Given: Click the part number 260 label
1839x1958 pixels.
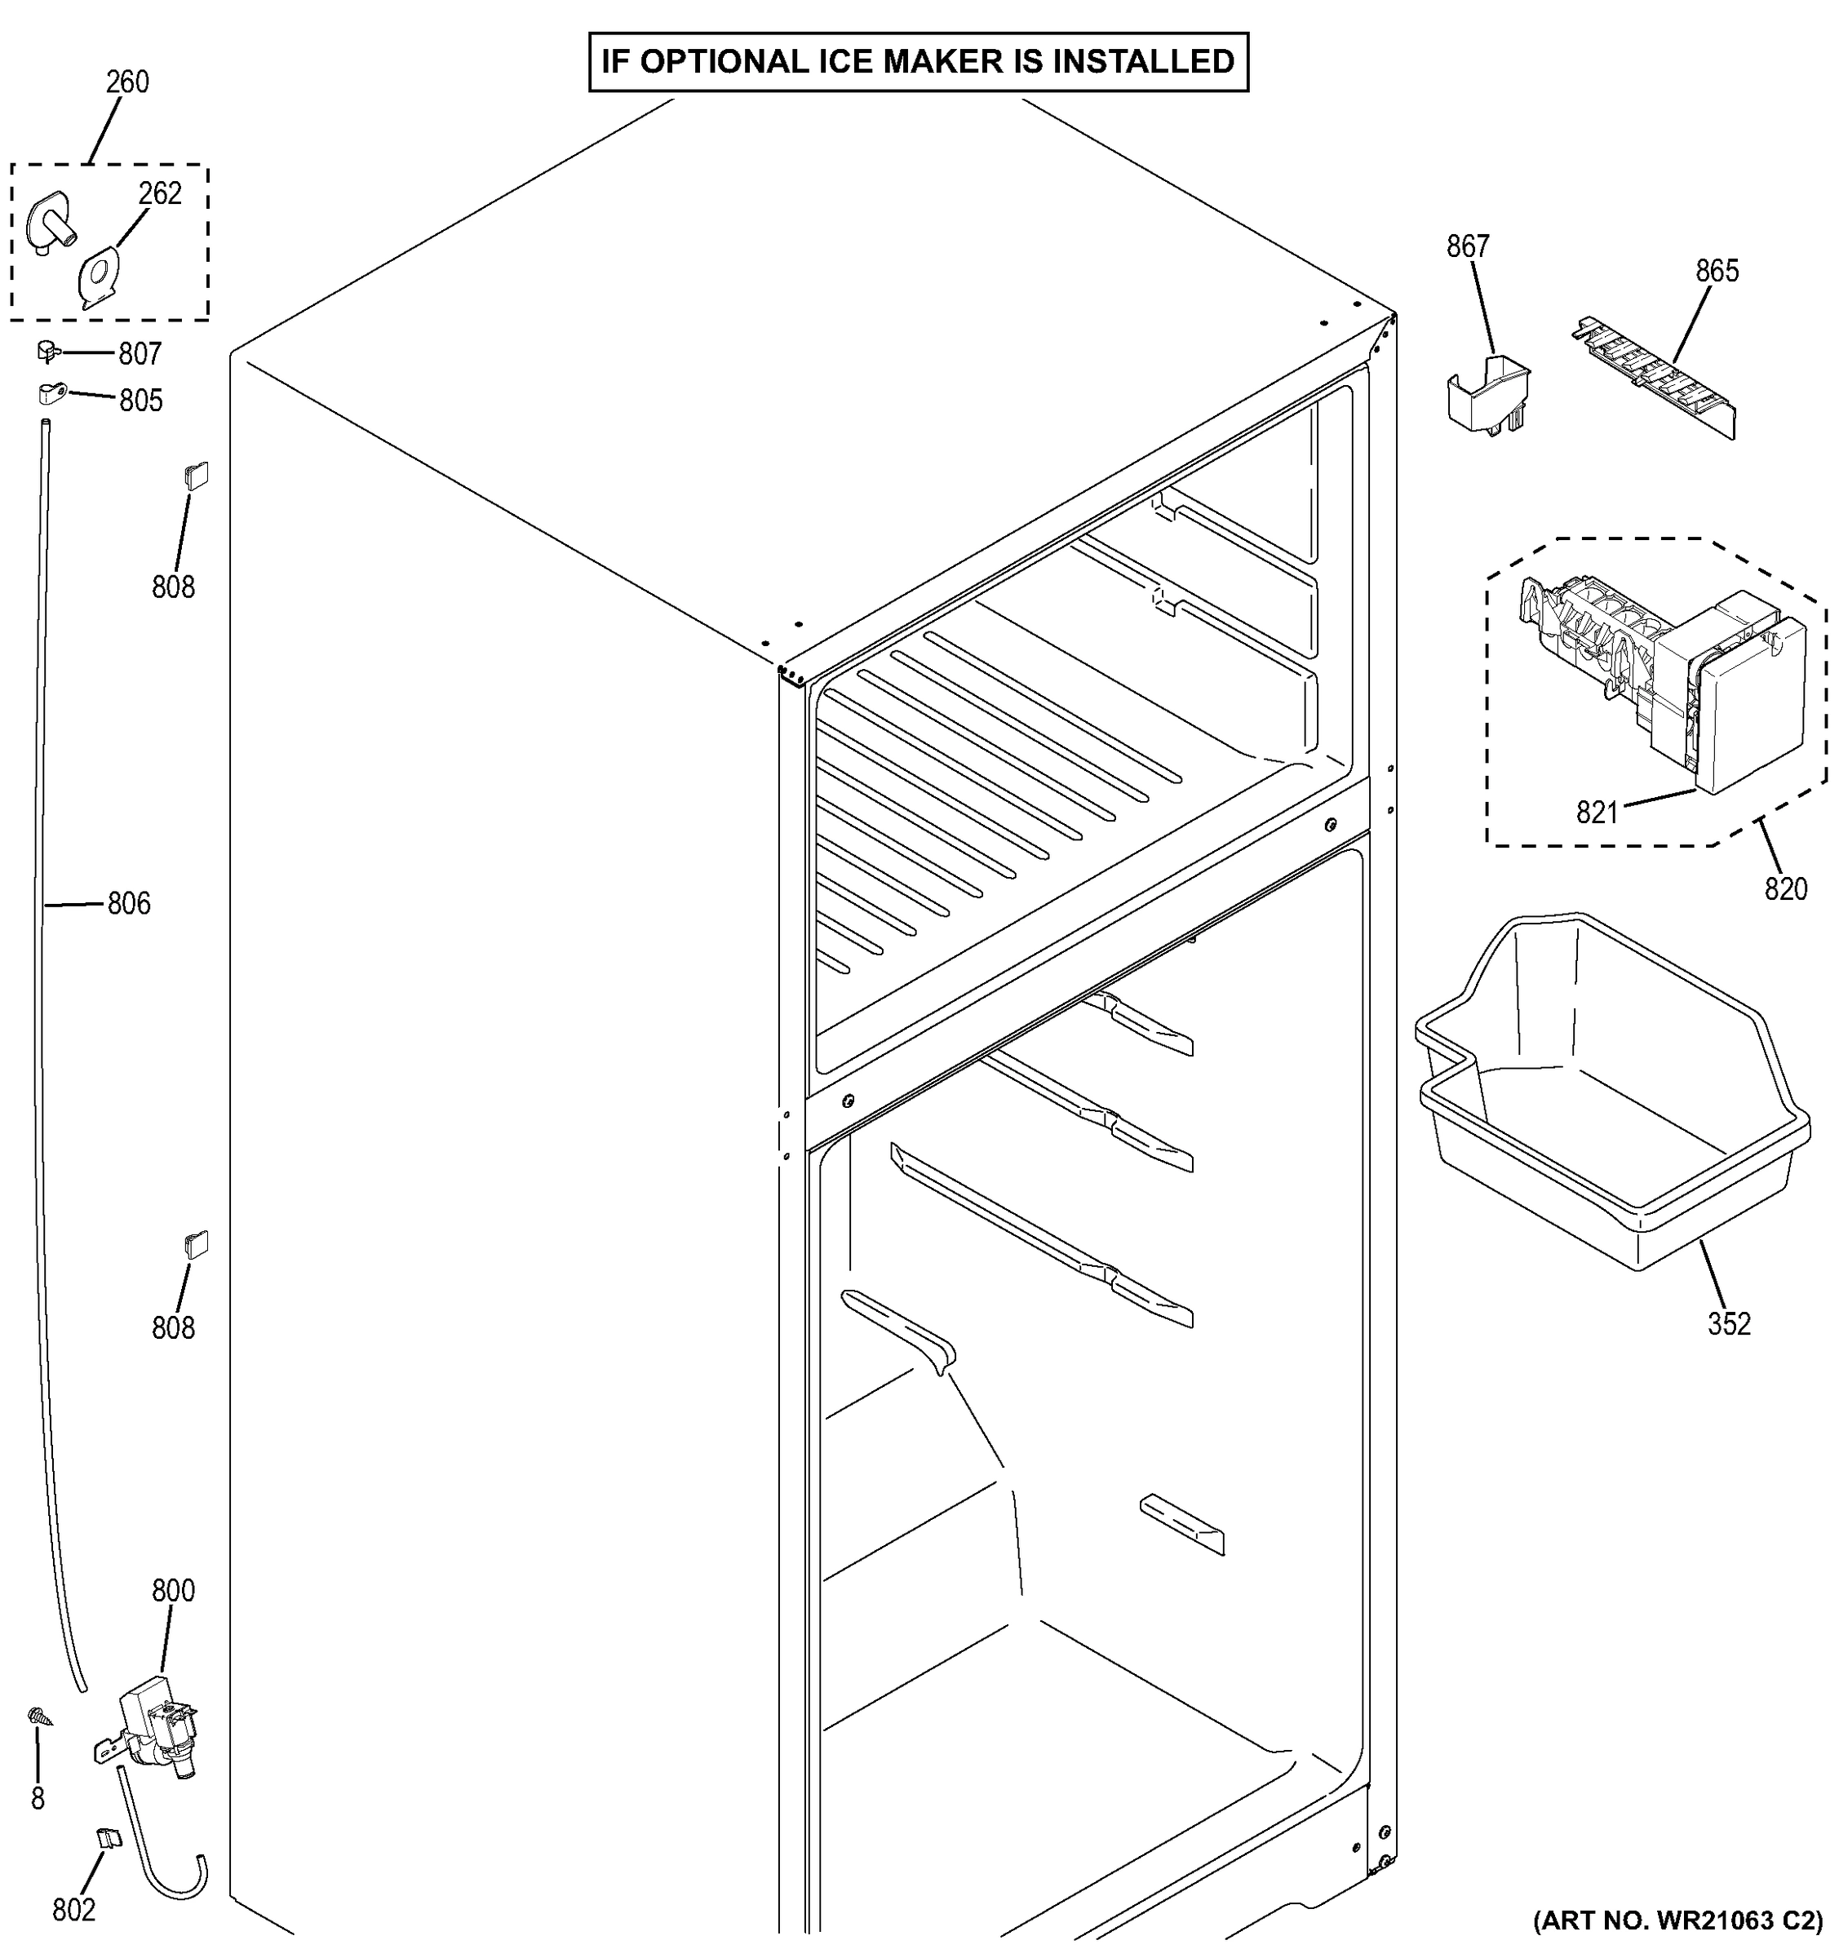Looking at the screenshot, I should click(127, 82).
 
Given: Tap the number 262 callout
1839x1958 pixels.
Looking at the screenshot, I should click(160, 193).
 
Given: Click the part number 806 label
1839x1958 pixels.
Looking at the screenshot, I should click(129, 903).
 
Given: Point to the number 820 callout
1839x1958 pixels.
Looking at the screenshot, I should click(1785, 889).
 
